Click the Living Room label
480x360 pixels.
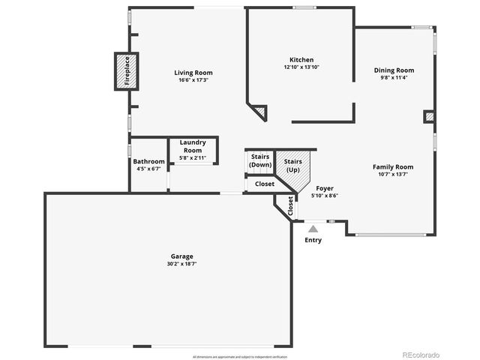190,73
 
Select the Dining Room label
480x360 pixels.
394,70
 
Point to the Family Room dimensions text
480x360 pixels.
393,175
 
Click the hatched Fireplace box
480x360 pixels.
125,70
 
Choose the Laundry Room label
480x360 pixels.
193,145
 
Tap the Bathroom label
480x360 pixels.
148,161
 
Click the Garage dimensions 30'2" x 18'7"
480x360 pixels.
181,264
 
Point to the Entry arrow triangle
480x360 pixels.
313,228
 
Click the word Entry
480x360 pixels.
313,240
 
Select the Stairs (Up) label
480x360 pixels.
293,165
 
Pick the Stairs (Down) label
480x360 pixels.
260,160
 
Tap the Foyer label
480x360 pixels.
325,188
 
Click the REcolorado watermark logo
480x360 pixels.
421,354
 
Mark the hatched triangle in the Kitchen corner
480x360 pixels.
259,112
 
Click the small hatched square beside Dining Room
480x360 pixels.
429,116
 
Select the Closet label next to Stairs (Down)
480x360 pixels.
265,184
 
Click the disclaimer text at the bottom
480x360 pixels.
239,356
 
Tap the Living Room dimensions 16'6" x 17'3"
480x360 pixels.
190,80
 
